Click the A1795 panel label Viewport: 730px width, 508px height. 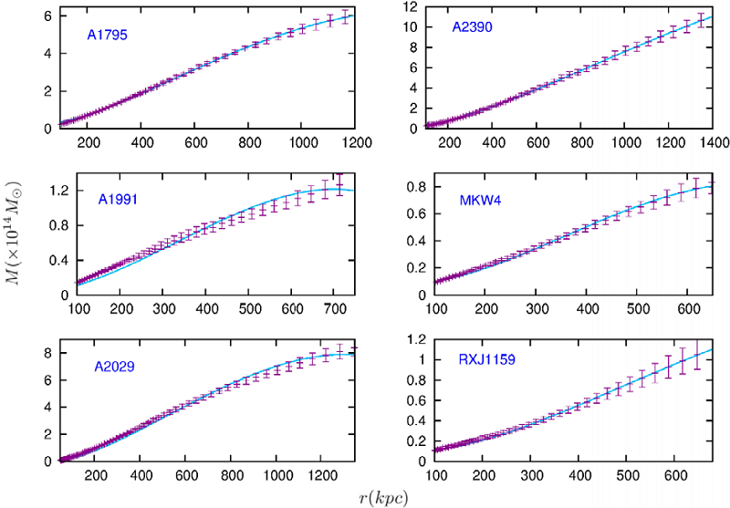107,36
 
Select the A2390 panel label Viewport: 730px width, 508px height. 473,27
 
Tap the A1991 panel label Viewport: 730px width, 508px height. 119,197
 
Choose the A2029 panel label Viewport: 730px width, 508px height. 115,368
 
